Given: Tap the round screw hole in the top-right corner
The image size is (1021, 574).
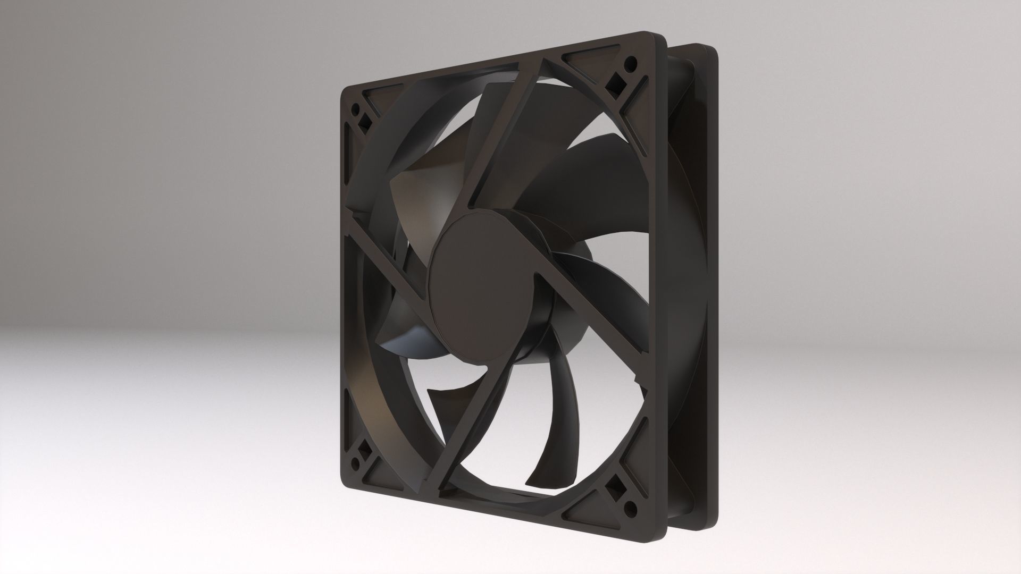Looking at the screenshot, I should point(631,62).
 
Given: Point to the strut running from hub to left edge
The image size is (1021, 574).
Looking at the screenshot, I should point(383,250).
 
